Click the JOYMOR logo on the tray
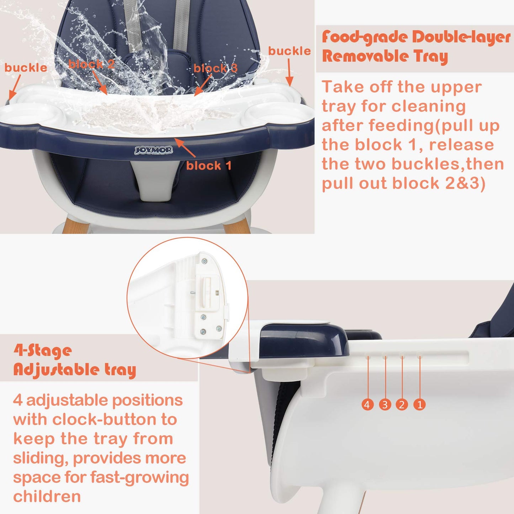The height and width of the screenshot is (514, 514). click(153, 150)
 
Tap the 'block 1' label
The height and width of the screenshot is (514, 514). click(208, 166)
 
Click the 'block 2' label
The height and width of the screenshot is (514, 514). click(91, 64)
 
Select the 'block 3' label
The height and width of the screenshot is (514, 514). click(215, 68)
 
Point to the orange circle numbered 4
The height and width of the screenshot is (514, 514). click(367, 405)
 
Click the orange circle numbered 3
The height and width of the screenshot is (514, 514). click(385, 405)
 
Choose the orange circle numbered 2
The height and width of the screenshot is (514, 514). click(402, 405)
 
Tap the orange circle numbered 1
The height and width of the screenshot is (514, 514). click(419, 405)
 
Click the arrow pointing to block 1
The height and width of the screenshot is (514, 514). click(185, 148)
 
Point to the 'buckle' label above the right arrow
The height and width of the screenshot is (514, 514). click(290, 51)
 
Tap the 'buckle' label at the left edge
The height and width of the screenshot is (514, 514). click(26, 68)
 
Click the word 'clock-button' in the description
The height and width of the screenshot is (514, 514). click(105, 419)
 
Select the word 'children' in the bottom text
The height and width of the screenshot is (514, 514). click(47, 496)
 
